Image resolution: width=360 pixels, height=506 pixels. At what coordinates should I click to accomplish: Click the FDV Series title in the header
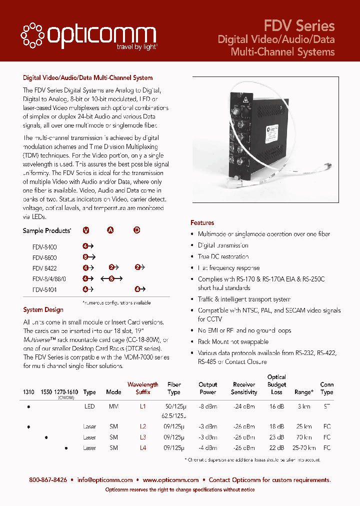click(299, 25)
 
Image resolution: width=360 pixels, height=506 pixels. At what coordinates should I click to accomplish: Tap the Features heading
click(202, 222)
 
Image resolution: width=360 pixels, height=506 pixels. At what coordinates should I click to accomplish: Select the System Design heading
click(43, 310)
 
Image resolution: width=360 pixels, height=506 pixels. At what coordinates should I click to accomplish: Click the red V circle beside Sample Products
click(86, 230)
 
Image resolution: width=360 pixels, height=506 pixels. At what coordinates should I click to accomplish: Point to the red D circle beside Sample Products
click(136, 230)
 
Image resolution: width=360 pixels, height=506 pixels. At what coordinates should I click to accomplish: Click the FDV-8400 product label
click(44, 247)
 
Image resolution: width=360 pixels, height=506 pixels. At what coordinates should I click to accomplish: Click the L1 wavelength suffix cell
click(142, 407)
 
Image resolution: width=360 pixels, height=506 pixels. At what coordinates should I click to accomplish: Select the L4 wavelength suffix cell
click(142, 448)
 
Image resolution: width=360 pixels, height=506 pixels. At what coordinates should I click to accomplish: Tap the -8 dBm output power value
click(207, 407)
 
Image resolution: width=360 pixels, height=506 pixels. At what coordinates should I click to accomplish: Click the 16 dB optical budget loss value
click(276, 407)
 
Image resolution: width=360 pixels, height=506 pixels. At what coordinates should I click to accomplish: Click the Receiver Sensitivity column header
click(244, 388)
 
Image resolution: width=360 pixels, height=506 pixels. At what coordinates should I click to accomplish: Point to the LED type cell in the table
click(89, 407)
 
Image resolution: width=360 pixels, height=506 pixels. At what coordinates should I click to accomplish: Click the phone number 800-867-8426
click(48, 480)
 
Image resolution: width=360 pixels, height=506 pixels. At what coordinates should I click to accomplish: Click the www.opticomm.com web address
click(170, 480)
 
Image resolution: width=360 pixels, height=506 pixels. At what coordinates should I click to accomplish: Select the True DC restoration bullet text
click(223, 256)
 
